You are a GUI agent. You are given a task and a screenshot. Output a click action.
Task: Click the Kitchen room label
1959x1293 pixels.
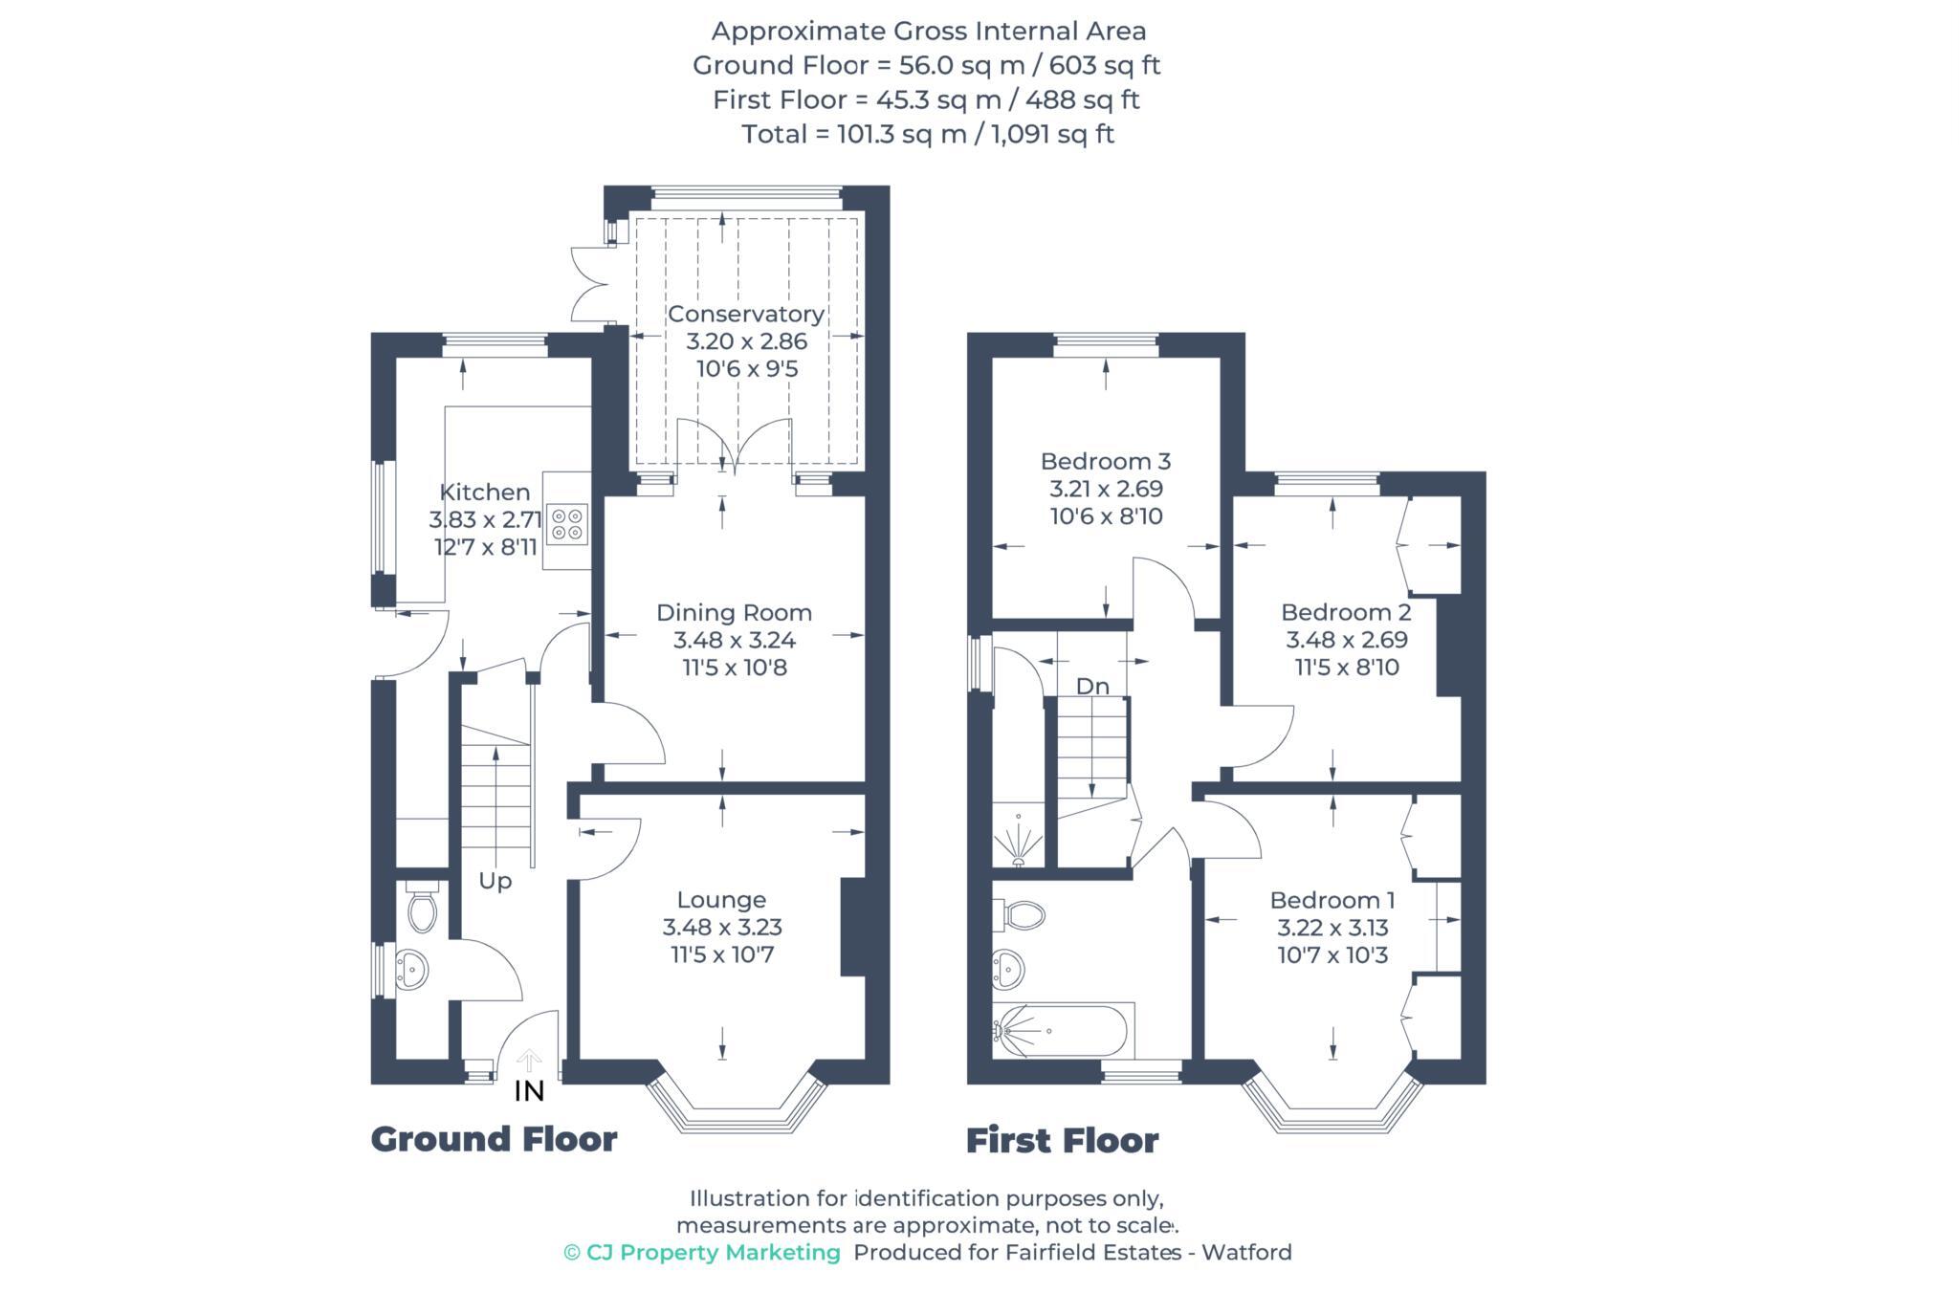[x=484, y=493]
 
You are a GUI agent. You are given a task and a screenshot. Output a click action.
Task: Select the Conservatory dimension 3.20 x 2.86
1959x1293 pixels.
[x=746, y=341]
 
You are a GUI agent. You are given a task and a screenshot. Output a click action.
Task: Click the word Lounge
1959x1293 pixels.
[x=721, y=900]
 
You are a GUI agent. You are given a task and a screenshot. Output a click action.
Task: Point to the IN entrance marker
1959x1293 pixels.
[x=529, y=1090]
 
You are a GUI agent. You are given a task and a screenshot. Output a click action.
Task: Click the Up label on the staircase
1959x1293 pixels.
[x=495, y=881]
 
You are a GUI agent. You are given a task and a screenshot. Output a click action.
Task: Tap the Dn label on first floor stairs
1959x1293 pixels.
[x=1092, y=686]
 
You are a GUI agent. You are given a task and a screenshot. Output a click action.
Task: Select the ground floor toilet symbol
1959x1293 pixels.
[x=422, y=910]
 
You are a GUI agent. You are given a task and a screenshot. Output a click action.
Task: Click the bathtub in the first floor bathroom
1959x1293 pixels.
[x=1062, y=1031]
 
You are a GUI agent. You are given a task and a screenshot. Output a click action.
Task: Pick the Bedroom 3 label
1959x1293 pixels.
[x=1106, y=461]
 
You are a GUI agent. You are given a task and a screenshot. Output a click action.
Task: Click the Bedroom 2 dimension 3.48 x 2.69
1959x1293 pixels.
[x=1346, y=640]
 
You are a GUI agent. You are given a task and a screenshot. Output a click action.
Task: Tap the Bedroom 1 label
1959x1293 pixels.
[x=1332, y=900]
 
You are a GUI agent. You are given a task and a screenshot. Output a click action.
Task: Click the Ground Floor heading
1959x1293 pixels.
[x=494, y=1139]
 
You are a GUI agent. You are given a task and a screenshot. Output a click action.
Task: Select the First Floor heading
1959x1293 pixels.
[x=1062, y=1141]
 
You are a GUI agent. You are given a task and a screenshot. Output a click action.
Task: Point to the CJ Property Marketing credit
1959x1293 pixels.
[x=702, y=1253]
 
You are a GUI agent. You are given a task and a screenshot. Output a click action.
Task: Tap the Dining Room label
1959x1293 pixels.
[x=734, y=613]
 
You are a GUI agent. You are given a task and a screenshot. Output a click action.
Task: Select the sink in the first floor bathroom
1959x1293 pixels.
[x=1008, y=969]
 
